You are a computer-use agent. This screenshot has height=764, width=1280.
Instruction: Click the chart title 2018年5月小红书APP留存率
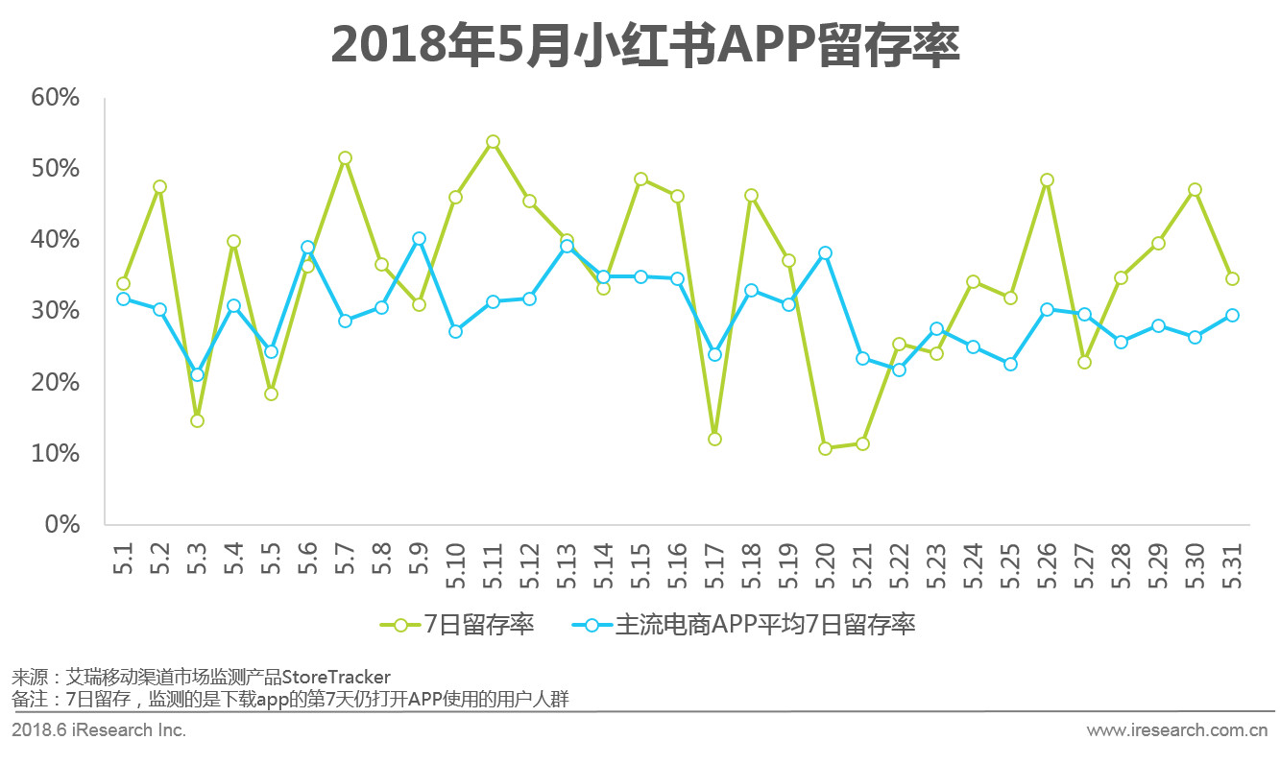tap(645, 46)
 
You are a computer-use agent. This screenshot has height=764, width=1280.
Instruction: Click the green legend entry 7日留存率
tap(458, 625)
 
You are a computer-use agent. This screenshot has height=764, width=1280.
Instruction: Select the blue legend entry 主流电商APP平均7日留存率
tap(743, 625)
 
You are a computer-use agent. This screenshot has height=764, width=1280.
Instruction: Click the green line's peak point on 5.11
tap(493, 142)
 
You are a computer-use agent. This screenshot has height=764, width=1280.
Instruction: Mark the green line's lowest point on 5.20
tap(825, 448)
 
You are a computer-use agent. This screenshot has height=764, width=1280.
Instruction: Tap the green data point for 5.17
tap(714, 439)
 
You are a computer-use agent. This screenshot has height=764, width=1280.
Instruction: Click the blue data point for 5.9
tap(419, 238)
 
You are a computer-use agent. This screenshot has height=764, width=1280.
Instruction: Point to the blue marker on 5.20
tap(825, 253)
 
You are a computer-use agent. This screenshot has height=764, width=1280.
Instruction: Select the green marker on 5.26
tap(1047, 179)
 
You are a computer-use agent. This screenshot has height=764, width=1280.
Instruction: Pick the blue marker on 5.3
tap(197, 374)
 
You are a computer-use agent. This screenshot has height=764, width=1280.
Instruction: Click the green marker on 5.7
tap(345, 157)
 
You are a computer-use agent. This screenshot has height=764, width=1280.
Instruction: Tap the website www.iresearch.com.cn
tap(1177, 730)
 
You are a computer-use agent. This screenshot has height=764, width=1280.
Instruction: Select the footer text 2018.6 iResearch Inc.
tap(99, 730)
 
